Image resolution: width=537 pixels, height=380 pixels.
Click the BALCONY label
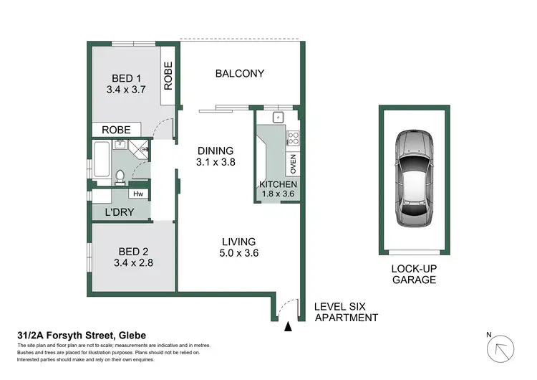pos(240,73)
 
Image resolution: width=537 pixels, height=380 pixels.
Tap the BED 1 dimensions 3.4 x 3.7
pos(126,90)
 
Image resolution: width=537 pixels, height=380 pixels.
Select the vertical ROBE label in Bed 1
pos(168,76)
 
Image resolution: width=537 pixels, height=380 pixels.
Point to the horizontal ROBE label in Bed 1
pos(116,130)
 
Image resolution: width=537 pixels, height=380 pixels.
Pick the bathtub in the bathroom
pos(102,159)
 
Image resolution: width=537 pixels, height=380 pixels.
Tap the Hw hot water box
pos(138,194)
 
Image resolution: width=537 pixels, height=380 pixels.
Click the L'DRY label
pos(119,212)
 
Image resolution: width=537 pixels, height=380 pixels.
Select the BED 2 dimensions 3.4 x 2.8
pos(133,262)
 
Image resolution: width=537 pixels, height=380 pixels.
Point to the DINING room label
pos(216,151)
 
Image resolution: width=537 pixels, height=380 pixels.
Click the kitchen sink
pos(278,118)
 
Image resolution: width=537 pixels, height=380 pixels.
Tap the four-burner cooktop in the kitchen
pos(293,138)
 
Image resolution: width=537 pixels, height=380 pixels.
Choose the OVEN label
pos(293,164)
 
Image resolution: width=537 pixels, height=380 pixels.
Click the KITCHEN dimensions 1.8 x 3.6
pos(278,194)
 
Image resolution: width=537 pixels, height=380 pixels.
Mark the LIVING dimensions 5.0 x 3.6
pos(238,253)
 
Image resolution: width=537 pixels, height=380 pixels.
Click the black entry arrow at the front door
pos(289,326)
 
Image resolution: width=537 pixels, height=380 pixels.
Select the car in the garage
pos(414,178)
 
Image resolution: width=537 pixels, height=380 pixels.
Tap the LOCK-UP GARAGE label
pos(414,274)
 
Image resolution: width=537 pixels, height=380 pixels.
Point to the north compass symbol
pos(500,348)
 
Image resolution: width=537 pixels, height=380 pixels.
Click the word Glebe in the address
pos(132,335)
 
